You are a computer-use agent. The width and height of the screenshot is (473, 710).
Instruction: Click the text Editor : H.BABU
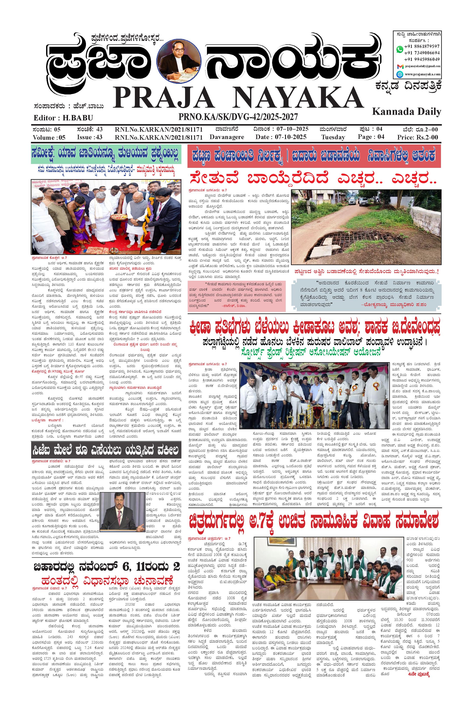63,118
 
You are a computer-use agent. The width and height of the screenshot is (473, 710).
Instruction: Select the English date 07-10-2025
291,137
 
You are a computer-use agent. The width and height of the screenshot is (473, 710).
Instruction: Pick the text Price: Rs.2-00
418,137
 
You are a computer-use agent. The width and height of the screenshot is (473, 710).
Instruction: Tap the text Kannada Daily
407,112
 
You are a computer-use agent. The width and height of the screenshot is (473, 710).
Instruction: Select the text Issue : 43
90,137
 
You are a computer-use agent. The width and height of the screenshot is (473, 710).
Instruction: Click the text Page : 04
371,136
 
